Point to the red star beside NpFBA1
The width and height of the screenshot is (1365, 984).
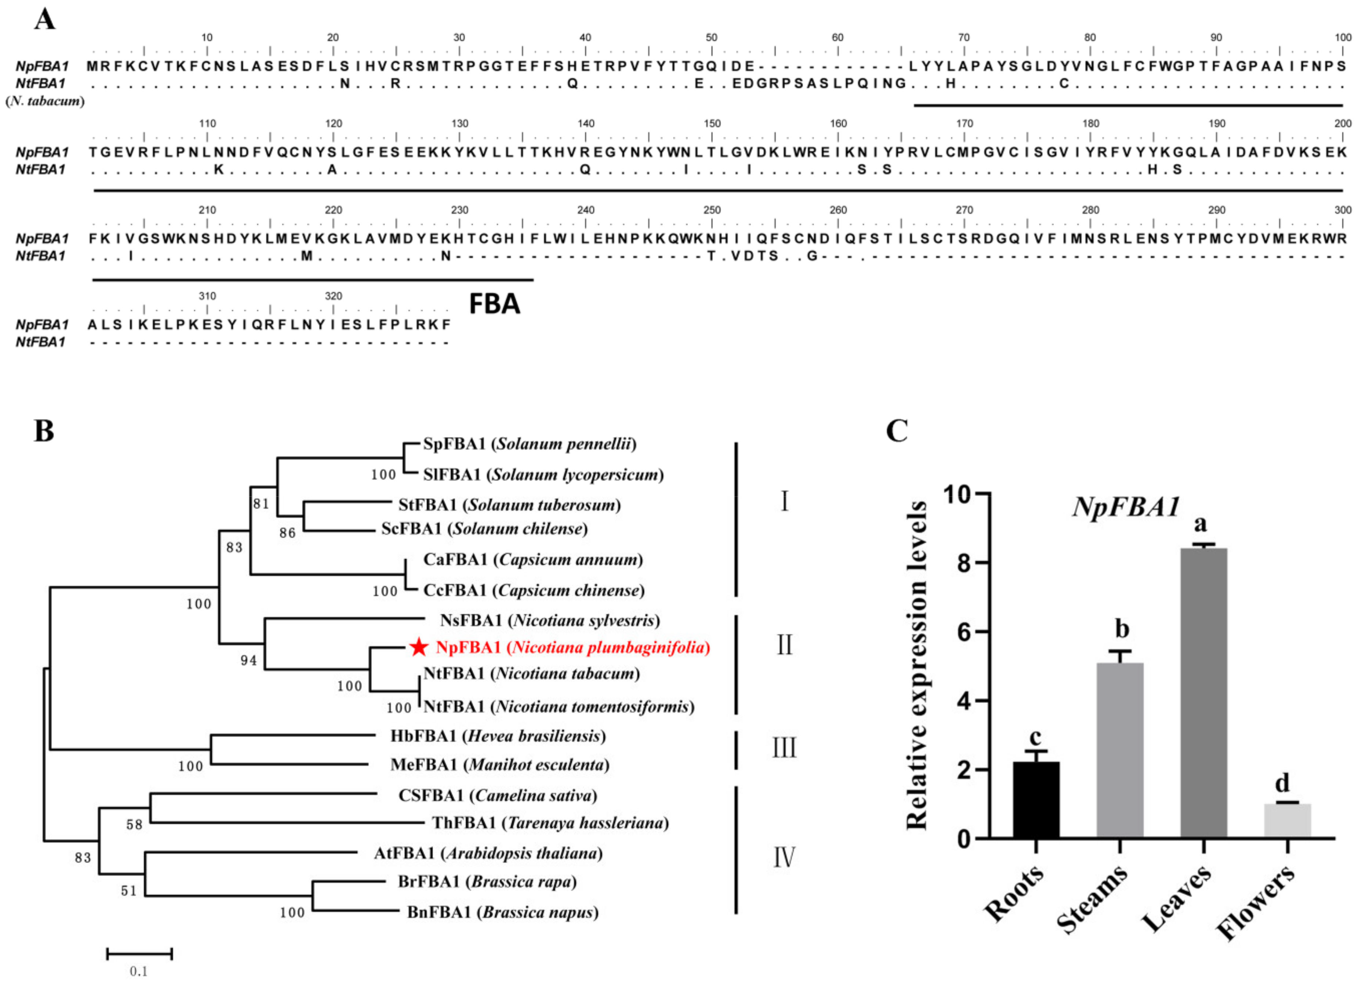coord(419,648)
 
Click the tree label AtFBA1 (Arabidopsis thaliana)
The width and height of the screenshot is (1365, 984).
coord(488,853)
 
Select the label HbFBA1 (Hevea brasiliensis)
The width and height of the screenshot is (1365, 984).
coord(498,736)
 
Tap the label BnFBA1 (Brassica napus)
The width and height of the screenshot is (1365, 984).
coord(503,913)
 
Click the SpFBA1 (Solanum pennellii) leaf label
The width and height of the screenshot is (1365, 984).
coord(530,444)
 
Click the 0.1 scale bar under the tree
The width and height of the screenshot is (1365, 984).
coord(140,953)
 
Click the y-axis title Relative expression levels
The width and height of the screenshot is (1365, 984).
coord(917,666)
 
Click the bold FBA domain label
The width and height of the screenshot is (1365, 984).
coord(494,304)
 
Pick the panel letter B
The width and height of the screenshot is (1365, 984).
coord(44,431)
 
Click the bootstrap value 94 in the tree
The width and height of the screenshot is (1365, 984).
coord(249,661)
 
